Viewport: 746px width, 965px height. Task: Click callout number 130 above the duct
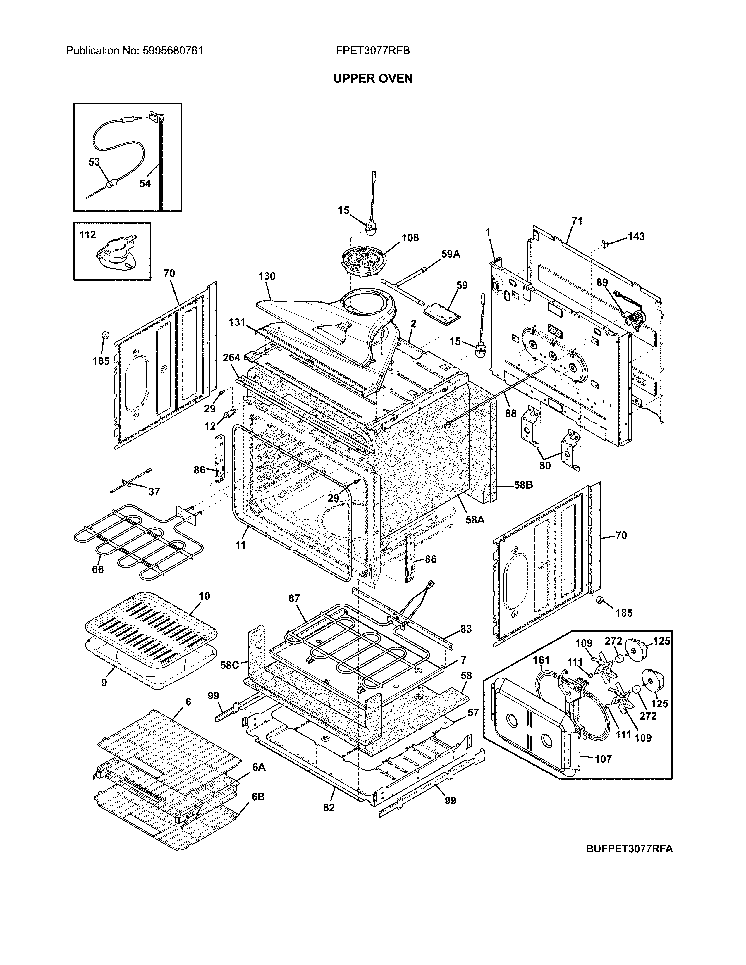pyautogui.click(x=267, y=276)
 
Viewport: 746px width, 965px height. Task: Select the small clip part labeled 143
pyautogui.click(x=605, y=243)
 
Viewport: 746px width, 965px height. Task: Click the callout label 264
pyautogui.click(x=231, y=357)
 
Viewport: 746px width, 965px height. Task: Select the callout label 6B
pyautogui.click(x=258, y=797)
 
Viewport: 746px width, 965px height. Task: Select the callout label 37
pyautogui.click(x=154, y=491)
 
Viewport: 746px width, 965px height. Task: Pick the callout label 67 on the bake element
pyautogui.click(x=294, y=598)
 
